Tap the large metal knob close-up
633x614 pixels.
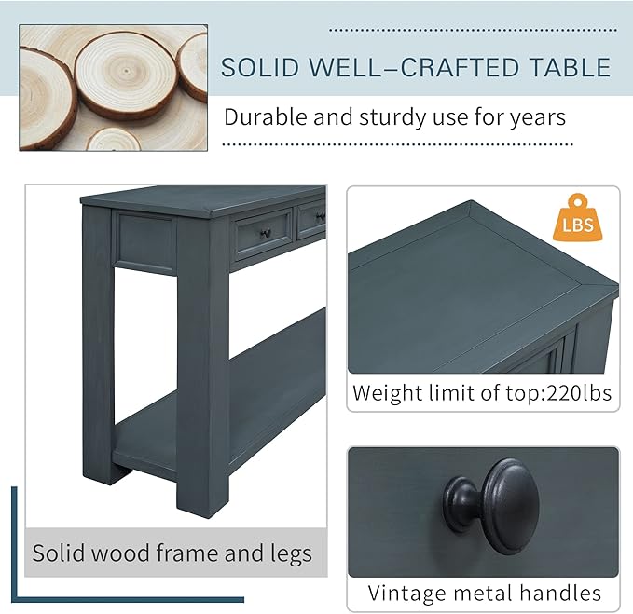click(x=492, y=506)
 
